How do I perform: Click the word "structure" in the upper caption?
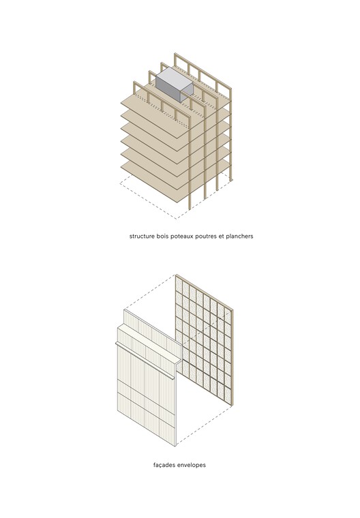click(x=144, y=237)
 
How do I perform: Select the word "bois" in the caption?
click(x=168, y=237)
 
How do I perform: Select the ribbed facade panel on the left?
click(x=143, y=395)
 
